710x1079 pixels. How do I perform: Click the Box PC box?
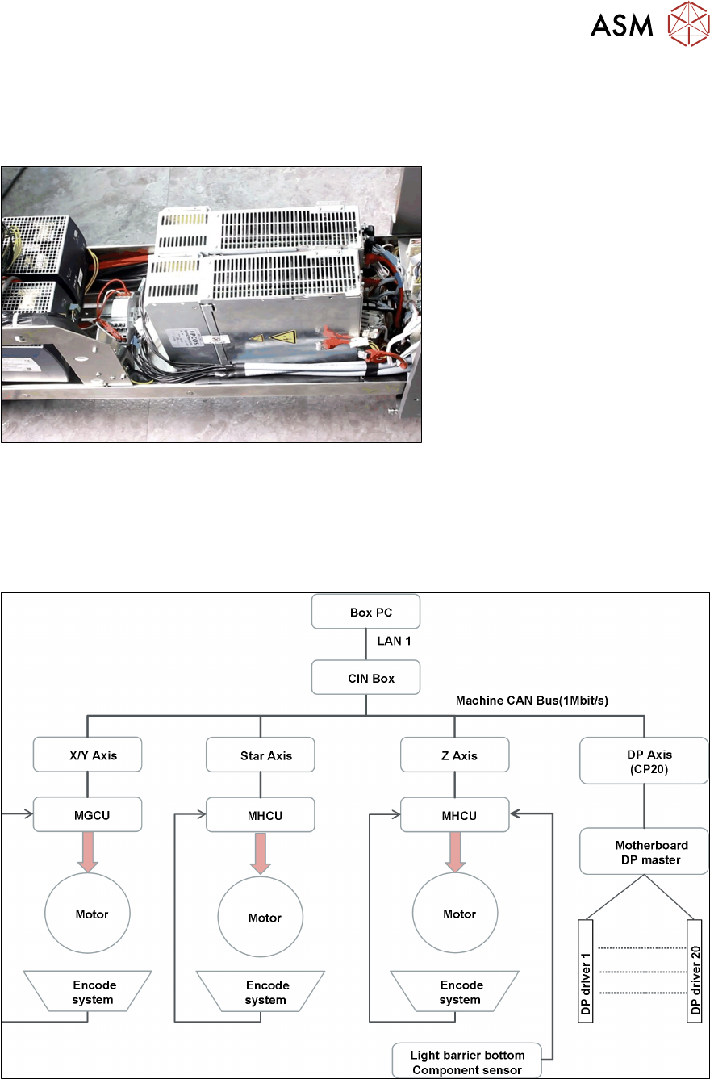pos(365,613)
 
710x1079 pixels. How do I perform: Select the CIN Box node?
pos(365,678)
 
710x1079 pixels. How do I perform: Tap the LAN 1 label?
pos(395,640)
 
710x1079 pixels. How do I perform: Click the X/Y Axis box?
pos(87,755)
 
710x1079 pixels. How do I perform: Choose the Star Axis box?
pos(260,756)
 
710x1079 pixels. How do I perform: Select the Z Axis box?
pos(455,755)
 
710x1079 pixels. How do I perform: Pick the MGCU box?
pos(87,815)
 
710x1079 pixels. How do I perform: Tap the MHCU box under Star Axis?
pos(260,815)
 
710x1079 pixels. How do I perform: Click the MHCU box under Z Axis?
pos(455,815)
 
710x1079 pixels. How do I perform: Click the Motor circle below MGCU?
pos(87,914)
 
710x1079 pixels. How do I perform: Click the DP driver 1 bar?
pos(586,969)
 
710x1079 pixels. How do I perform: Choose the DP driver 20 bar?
pos(693,969)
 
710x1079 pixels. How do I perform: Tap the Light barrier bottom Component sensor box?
pos(467,1060)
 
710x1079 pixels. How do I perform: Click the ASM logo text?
pos(621,27)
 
